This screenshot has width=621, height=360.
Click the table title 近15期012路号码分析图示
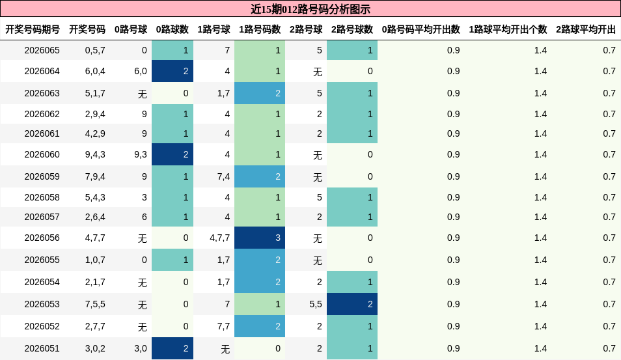[310, 9]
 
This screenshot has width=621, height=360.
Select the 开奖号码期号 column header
[33, 29]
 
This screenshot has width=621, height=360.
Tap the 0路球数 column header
[172, 29]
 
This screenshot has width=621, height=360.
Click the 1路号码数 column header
[260, 29]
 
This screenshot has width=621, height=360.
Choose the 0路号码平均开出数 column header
[421, 29]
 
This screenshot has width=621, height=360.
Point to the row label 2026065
[42, 50]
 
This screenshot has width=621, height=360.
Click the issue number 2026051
[42, 348]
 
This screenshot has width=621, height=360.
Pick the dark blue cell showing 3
[260, 238]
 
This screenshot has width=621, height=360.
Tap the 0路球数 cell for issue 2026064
[172, 71]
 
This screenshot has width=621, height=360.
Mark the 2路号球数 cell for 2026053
[352, 304]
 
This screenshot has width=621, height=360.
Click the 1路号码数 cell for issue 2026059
[260, 176]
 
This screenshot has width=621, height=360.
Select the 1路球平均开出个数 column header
[508, 29]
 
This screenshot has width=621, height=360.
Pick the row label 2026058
[42, 197]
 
